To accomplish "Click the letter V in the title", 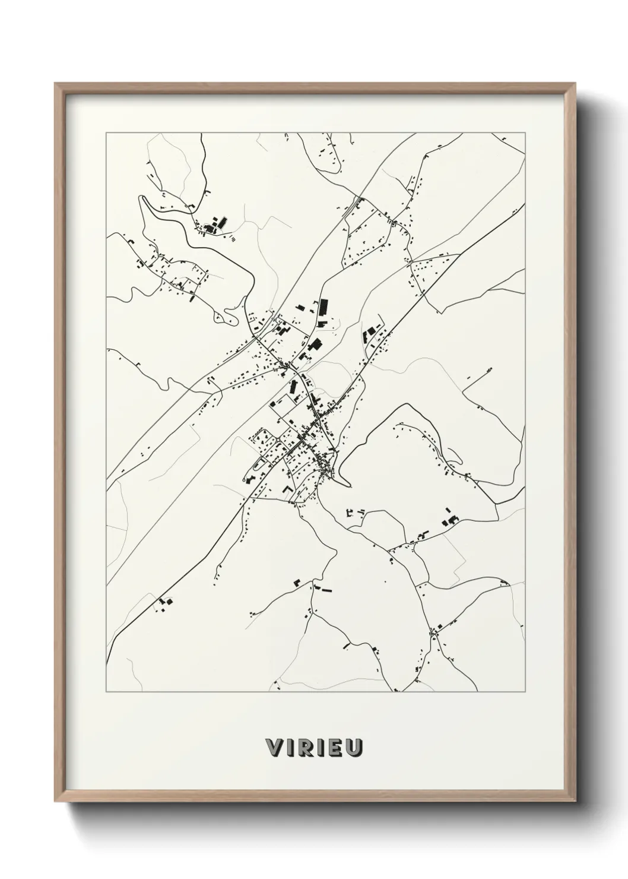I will [274, 748].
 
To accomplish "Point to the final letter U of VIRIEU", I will [354, 748].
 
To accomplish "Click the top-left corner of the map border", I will [106, 133].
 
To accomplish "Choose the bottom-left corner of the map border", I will [106, 692].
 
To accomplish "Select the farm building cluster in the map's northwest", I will [216, 225].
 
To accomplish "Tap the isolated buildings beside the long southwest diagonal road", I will [164, 602].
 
